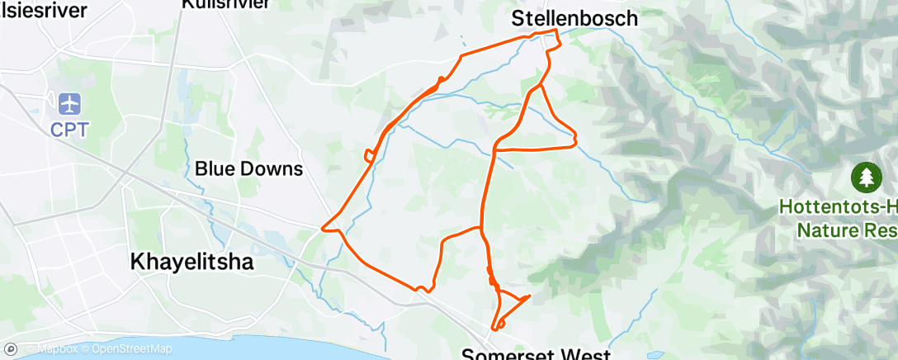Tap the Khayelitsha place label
coord(191,262)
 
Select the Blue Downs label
coord(248,169)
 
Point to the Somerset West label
coord(536,354)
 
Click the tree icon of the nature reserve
coord(866,176)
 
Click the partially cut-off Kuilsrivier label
coord(224,4)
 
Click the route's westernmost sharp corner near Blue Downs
coord(323,225)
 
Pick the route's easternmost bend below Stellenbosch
coord(574,143)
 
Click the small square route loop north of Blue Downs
coord(369,154)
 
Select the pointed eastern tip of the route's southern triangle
coord(528,295)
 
